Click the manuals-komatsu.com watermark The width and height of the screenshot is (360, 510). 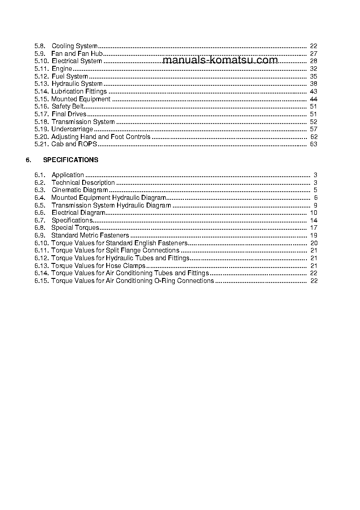coord(220,60)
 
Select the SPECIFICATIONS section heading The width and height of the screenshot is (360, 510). coord(70,160)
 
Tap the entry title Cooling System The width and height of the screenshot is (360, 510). coord(74,46)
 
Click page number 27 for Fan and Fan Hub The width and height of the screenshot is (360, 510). coord(313,54)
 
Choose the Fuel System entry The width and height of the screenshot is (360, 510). coord(69,76)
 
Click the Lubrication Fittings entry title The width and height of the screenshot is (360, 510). coord(79,91)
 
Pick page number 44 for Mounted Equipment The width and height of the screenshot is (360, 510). coord(313,99)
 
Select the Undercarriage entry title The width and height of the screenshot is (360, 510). coord(72,129)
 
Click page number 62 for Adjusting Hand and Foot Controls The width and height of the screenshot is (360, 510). coord(313,137)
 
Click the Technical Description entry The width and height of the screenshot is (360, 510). coord(83,183)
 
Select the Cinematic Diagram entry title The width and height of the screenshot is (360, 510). coord(79,190)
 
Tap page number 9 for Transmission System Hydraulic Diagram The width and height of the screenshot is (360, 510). coord(315,205)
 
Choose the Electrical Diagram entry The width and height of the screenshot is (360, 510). coord(78,213)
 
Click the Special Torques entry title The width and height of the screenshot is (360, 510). coord(75,228)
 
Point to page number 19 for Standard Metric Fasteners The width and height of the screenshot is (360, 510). coord(313,235)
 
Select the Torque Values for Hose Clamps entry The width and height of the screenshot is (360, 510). coord(98,266)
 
